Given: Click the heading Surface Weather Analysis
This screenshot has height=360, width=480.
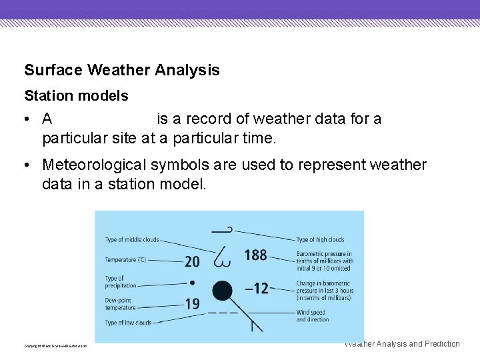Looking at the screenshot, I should pyautogui.click(x=121, y=70).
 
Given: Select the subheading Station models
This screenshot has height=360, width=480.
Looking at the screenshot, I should pyautogui.click(x=76, y=96).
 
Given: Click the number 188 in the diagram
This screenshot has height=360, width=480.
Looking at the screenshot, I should pyautogui.click(x=255, y=255).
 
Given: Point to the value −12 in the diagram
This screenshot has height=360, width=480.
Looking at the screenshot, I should pyautogui.click(x=256, y=289).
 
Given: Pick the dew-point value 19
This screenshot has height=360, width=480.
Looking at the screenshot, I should pyautogui.click(x=192, y=304).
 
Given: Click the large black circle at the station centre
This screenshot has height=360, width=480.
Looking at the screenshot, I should pyautogui.click(x=222, y=291).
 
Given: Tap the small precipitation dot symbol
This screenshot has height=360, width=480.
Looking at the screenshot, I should pyautogui.click(x=193, y=282).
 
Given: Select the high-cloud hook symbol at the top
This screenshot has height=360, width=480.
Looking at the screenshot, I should pyautogui.click(x=222, y=230).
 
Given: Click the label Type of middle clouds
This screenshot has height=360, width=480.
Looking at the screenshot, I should pyautogui.click(x=132, y=240).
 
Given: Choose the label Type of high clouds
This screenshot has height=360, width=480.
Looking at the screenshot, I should pyautogui.click(x=320, y=240).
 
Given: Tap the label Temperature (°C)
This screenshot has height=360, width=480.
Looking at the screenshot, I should pyautogui.click(x=125, y=259).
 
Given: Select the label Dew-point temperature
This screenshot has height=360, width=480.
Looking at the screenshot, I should pyautogui.click(x=121, y=304).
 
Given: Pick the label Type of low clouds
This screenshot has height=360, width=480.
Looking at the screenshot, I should pyautogui.click(x=128, y=323).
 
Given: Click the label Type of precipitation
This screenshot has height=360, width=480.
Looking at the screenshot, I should pyautogui.click(x=121, y=282).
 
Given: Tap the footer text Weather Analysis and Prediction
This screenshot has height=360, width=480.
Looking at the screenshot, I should pyautogui.click(x=402, y=344).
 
